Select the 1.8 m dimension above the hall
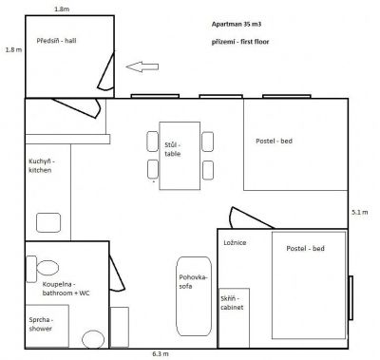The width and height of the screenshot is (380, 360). tap(61, 8)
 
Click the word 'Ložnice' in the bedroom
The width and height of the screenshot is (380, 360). tap(235, 243)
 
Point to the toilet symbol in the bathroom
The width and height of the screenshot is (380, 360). tap(48, 269)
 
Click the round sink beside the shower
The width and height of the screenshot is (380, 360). tap(92, 338)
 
